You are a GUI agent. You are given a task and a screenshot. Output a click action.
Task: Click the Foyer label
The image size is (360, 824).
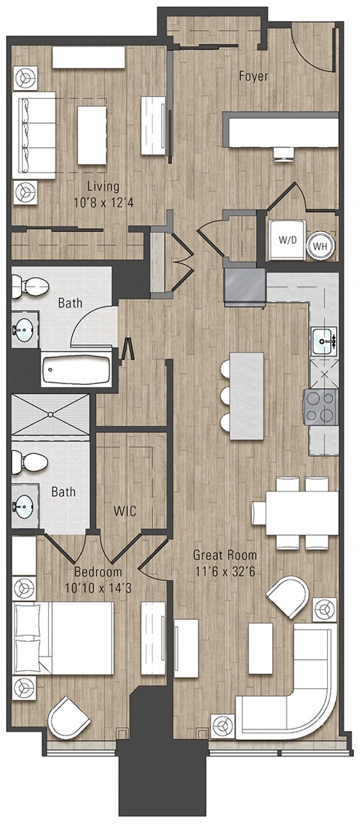253,76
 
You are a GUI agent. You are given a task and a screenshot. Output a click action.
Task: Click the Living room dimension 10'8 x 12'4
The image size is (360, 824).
103,201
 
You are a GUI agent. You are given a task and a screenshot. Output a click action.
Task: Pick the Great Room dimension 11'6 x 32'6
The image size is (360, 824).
225,570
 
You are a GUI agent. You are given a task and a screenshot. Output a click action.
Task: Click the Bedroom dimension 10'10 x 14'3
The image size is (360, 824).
103,587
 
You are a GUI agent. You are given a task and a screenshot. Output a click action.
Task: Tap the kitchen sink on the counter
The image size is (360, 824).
324,341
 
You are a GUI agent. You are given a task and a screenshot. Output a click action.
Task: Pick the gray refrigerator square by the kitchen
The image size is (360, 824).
244,287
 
